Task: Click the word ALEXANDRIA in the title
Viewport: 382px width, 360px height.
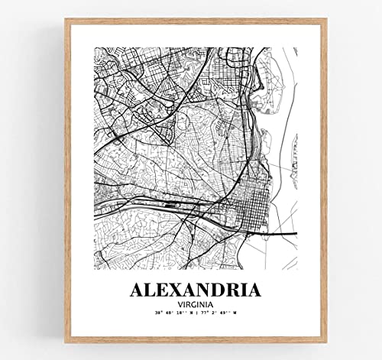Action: pyautogui.click(x=196, y=291)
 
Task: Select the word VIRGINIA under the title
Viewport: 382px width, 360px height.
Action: pyautogui.click(x=196, y=304)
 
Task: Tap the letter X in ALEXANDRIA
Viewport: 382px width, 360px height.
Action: pyautogui.click(x=175, y=291)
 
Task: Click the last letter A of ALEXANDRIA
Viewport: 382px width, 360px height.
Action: pyautogui.click(x=252, y=291)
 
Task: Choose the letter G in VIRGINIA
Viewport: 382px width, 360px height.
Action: pyautogui.click(x=193, y=304)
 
